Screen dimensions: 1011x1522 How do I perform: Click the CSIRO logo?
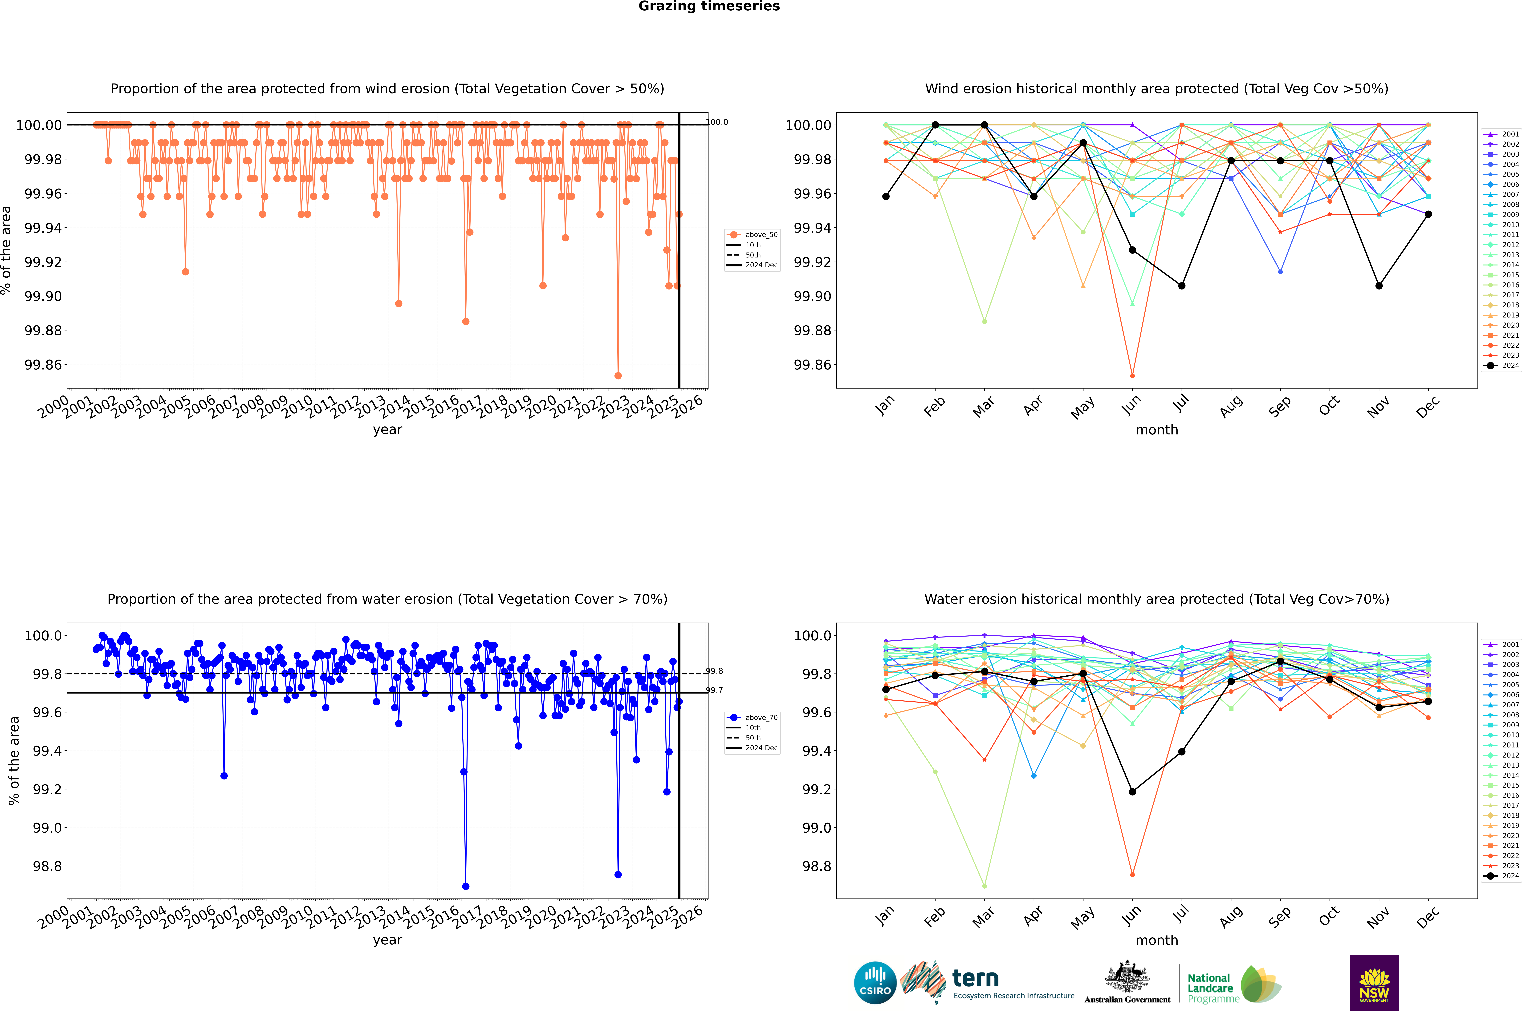[x=875, y=983]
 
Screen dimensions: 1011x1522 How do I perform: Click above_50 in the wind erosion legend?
[x=761, y=235]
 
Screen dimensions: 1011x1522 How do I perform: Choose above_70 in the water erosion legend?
[x=761, y=718]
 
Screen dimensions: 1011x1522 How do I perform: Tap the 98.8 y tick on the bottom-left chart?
[x=47, y=866]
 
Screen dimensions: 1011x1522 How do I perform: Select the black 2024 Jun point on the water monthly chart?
[x=1132, y=792]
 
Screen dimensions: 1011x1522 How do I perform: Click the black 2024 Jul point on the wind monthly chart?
[x=1181, y=286]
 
